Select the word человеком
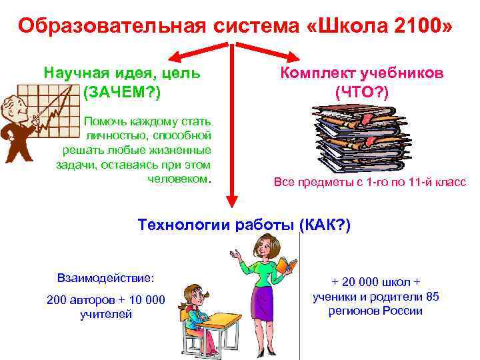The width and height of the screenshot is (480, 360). [x=177, y=179]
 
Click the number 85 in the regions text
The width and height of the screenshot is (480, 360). [x=432, y=297]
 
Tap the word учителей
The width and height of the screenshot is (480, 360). [x=105, y=314]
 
